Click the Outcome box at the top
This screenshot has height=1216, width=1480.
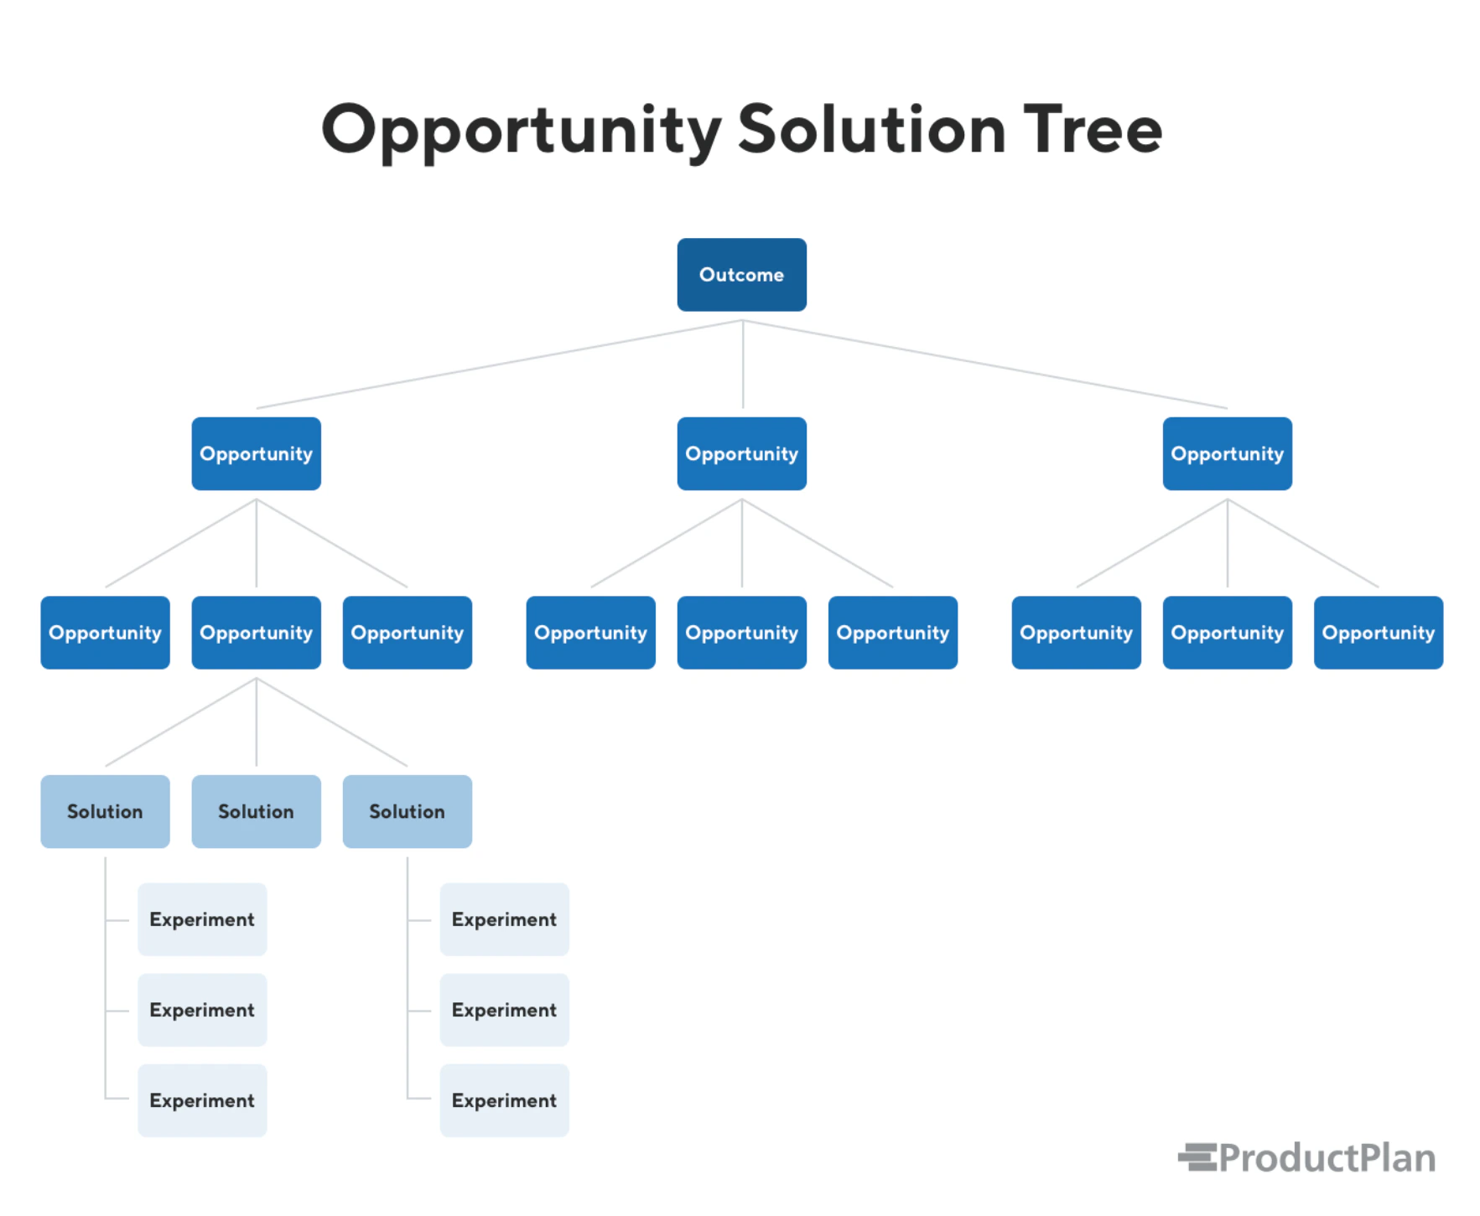point(741,275)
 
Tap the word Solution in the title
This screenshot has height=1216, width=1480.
point(870,130)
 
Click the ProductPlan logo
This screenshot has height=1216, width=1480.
point(1306,1157)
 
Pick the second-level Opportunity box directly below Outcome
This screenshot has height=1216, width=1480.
point(741,453)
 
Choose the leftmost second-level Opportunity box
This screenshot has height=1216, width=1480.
point(256,453)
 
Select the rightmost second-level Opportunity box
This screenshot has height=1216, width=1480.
point(1227,453)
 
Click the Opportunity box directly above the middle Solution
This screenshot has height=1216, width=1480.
point(256,633)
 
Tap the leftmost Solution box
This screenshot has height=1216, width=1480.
point(105,811)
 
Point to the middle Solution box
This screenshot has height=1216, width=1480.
point(256,811)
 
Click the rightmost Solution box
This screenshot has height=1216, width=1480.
point(407,811)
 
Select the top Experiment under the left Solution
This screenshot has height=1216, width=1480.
point(202,919)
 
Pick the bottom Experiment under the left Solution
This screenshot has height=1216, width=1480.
point(202,1100)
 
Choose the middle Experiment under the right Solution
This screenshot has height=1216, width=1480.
point(504,1010)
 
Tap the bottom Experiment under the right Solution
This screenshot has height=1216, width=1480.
point(504,1100)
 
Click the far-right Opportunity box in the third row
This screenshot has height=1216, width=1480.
point(1378,633)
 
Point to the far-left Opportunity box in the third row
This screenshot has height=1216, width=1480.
point(105,633)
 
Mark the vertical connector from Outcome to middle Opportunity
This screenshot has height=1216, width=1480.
point(742,365)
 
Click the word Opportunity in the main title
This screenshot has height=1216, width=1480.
point(521,132)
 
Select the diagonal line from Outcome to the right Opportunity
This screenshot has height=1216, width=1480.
point(985,364)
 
